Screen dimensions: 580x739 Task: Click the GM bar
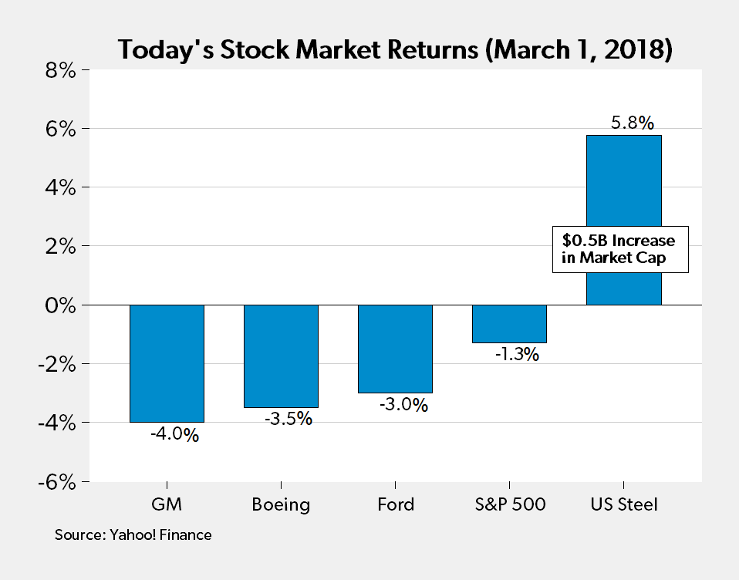tap(167, 363)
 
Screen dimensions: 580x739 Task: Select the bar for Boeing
tap(281, 356)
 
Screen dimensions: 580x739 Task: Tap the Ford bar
tap(395, 349)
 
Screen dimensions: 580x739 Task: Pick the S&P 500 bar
tap(509, 323)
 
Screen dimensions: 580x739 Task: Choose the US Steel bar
tap(623, 185)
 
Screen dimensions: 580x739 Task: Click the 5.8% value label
tap(632, 123)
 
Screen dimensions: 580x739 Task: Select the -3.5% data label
tap(289, 420)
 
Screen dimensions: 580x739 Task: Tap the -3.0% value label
tap(403, 404)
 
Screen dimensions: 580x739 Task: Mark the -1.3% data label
tap(517, 355)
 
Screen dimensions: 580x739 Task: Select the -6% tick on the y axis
tap(54, 481)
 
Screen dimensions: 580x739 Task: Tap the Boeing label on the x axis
tap(281, 505)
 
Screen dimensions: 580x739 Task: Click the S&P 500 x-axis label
tap(509, 505)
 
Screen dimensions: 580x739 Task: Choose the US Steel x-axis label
tap(623, 505)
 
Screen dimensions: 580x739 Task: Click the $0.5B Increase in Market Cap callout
tap(619, 249)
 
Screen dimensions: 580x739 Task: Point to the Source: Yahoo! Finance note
tap(133, 534)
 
